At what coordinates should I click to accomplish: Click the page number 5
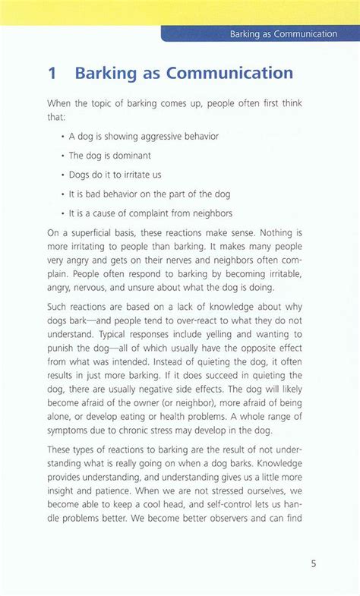pyautogui.click(x=313, y=564)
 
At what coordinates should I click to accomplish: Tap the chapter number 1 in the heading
pyautogui.click(x=52, y=74)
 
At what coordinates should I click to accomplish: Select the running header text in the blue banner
pyautogui.click(x=283, y=33)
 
